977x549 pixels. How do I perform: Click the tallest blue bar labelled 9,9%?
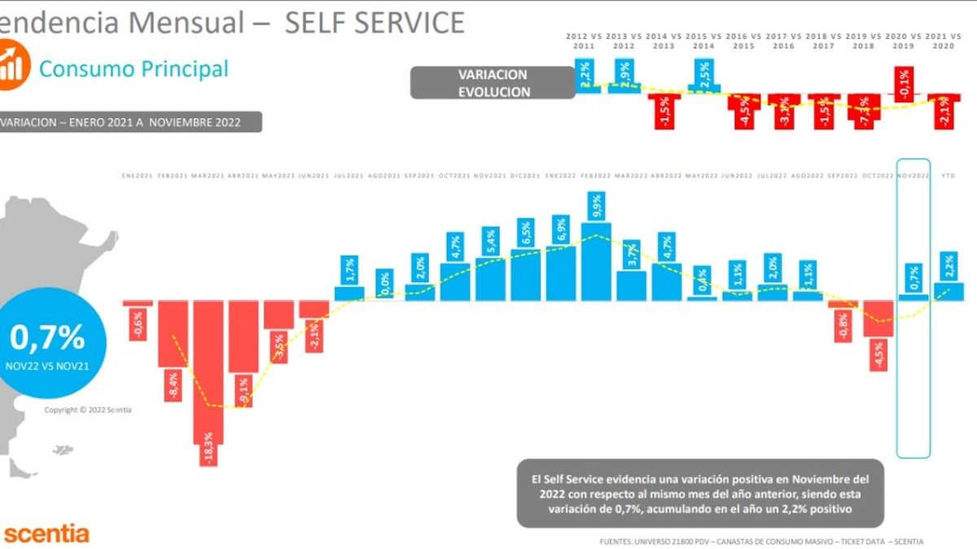[596, 260]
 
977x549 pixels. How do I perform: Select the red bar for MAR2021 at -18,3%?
[208, 374]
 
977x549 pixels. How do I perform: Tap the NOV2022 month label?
[913, 176]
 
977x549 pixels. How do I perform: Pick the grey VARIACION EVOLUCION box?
[493, 83]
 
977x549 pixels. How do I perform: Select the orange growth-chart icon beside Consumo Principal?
[13, 66]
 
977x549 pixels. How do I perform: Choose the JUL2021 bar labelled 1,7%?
[348, 293]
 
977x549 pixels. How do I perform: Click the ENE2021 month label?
[137, 176]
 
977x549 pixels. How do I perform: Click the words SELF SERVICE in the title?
[374, 22]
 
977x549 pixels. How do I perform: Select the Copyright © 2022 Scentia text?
[87, 410]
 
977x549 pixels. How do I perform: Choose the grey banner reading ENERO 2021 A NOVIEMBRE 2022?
[130, 121]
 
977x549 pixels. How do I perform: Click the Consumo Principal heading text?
[134, 69]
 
